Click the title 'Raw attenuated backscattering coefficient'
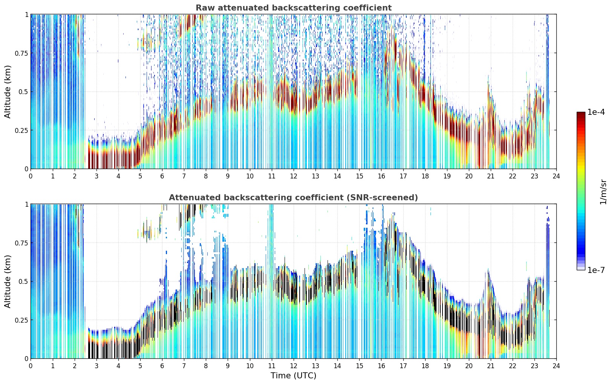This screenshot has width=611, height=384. point(294,8)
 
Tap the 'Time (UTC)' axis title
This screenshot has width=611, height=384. point(294,376)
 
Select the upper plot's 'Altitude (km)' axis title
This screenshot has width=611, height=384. point(8,91)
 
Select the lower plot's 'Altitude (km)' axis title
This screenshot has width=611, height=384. point(8,281)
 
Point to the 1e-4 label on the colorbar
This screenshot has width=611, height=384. point(596,112)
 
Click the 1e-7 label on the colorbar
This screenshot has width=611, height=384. point(596,270)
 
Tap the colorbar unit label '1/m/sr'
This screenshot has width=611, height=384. point(603,192)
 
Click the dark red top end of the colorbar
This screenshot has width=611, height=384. point(581,113)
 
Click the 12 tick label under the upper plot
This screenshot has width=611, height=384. point(294,176)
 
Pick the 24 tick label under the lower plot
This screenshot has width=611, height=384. point(556,366)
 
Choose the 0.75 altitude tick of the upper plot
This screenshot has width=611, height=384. point(21,53)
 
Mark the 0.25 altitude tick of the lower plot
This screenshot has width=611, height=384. point(21,320)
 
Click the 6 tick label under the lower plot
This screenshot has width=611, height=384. point(162,366)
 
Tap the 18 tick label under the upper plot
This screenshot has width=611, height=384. point(425,176)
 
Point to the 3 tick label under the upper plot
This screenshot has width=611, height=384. point(96,176)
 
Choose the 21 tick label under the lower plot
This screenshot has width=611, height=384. point(491,366)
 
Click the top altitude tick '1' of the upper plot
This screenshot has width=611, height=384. point(26,14)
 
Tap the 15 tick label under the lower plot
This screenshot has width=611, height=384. point(359,366)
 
